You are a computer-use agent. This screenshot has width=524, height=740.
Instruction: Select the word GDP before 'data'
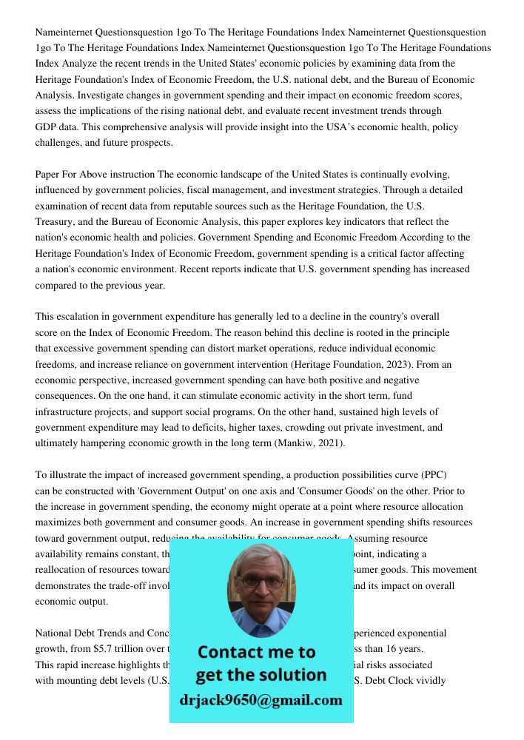47,127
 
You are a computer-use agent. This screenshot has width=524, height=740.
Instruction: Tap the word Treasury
58,221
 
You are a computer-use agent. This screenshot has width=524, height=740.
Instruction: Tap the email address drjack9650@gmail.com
261,699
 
